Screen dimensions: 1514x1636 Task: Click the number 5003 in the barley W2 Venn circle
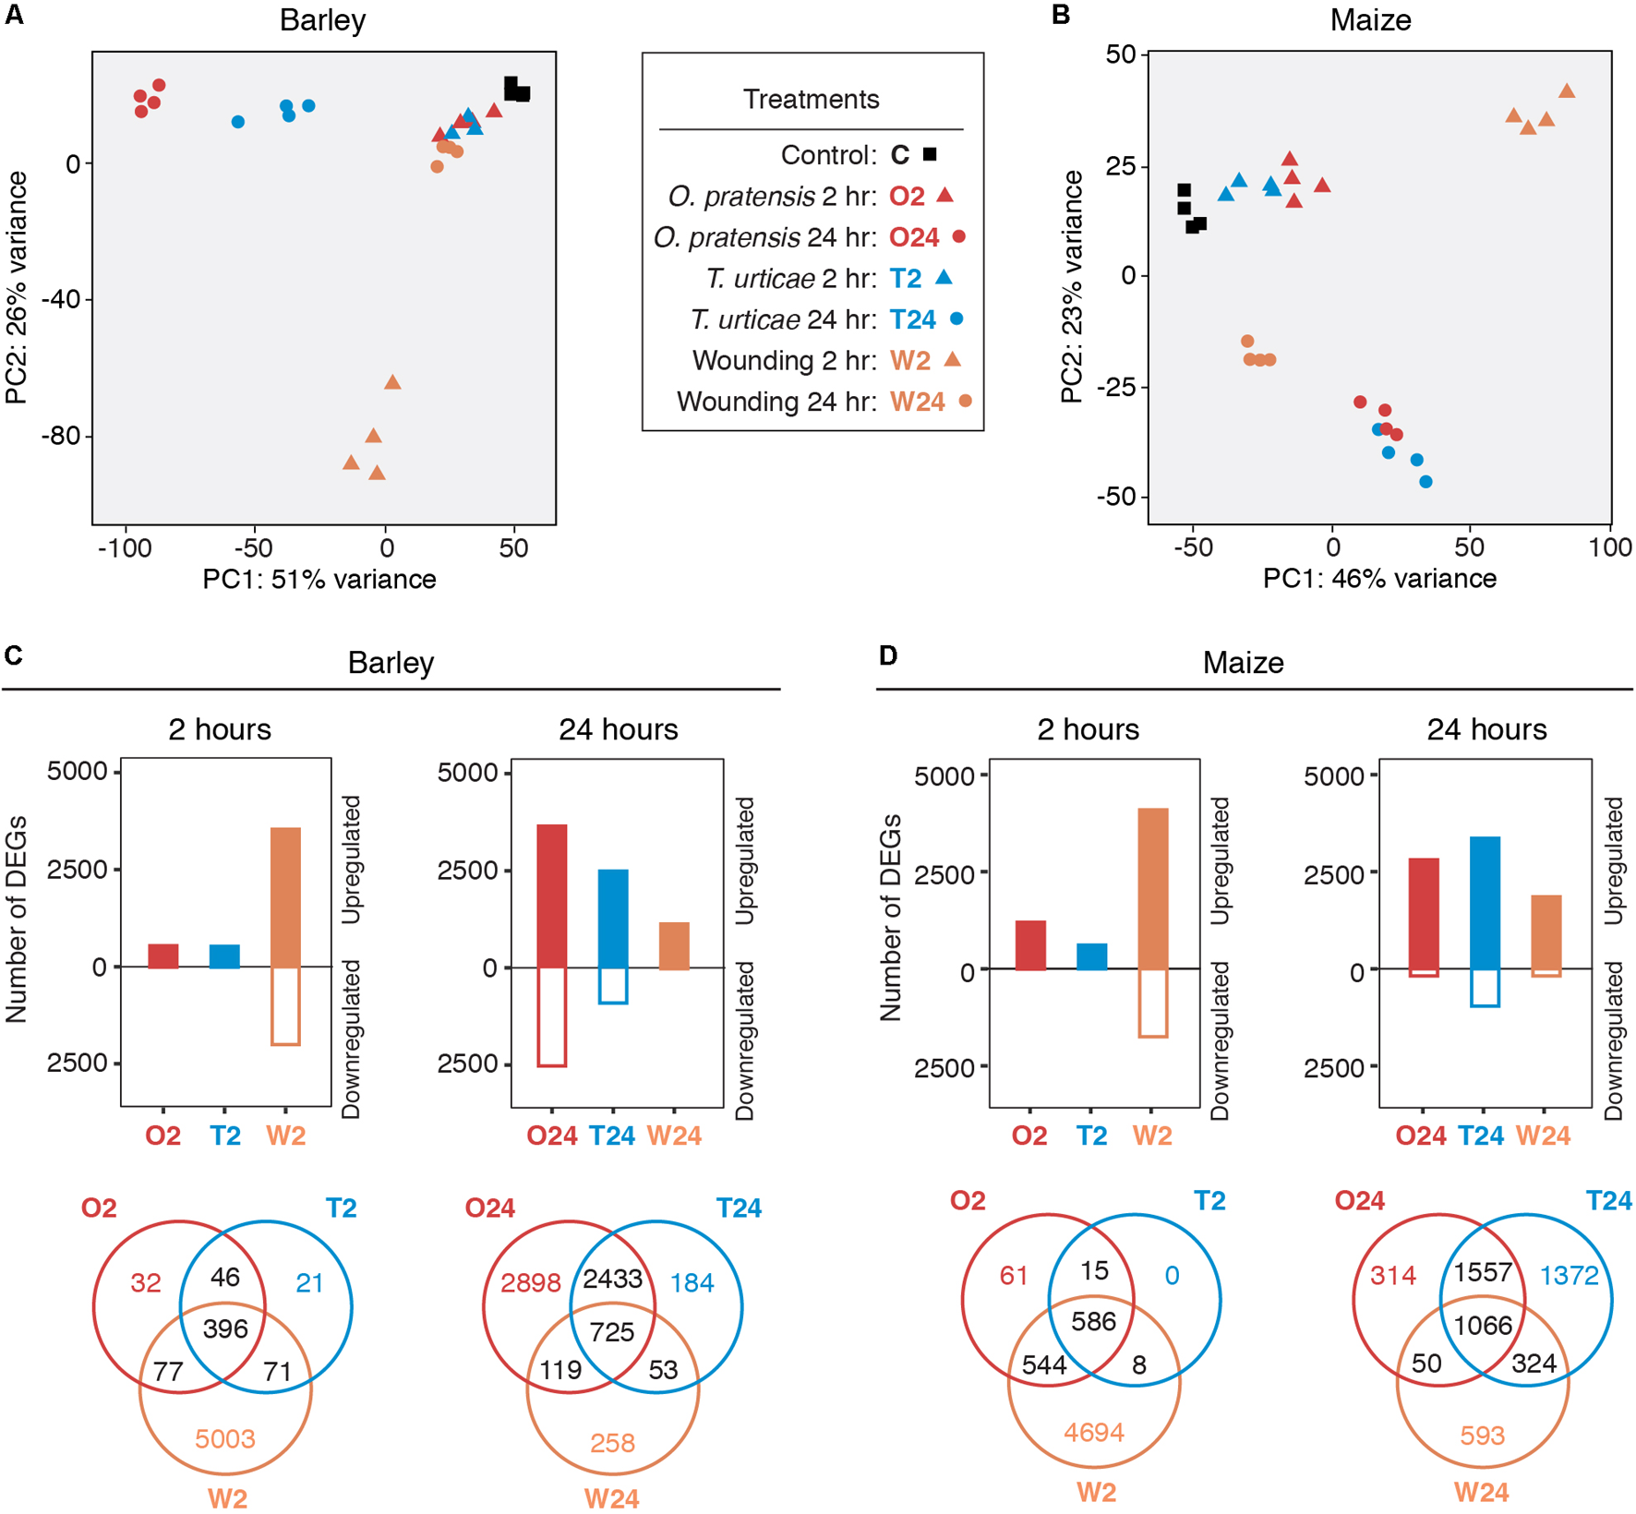[225, 1438]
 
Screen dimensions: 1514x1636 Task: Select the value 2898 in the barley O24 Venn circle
[531, 1283]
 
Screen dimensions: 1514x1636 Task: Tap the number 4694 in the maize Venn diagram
[1094, 1432]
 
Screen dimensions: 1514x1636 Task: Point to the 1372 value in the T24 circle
[1570, 1276]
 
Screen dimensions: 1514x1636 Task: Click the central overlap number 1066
[1483, 1326]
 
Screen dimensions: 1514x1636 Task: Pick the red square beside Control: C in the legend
[930, 154]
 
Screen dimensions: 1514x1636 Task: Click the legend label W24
[917, 402]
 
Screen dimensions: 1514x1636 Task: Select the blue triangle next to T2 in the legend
[944, 278]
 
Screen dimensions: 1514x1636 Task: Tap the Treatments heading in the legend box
[811, 99]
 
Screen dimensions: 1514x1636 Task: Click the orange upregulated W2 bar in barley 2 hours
[285, 896]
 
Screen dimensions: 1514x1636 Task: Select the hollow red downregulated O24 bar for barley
[552, 1016]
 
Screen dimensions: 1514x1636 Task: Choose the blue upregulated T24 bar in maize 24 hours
[1485, 903]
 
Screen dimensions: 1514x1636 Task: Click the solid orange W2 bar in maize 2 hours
[1153, 888]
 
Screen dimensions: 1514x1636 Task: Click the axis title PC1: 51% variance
[319, 579]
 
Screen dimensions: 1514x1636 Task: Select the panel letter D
[888, 655]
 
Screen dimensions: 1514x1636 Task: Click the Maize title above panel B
[1370, 19]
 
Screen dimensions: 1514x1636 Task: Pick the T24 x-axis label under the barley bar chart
[612, 1135]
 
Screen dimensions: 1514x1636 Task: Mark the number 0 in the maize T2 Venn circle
[1172, 1276]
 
